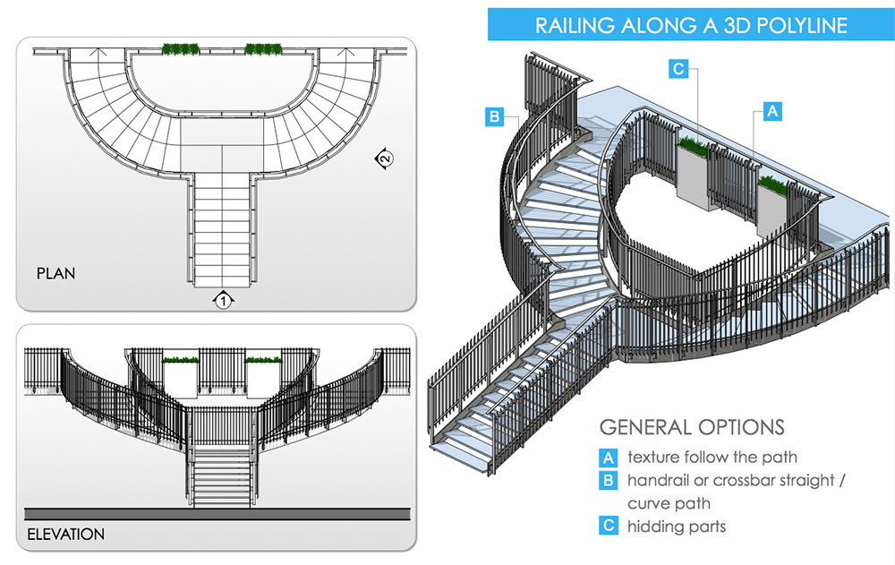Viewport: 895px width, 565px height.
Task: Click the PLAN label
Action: (55, 273)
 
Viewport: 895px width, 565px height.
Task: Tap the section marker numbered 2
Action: (384, 159)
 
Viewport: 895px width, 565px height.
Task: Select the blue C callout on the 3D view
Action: (678, 69)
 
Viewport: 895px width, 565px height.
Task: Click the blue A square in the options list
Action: (609, 458)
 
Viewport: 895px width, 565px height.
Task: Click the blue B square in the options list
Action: (609, 481)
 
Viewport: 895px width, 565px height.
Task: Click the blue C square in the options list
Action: (609, 526)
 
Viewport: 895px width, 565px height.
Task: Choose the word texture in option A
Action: (653, 458)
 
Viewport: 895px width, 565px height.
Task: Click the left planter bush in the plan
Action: (181, 48)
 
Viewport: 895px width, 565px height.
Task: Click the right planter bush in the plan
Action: (262, 48)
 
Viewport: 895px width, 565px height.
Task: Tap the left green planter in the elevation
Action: (182, 360)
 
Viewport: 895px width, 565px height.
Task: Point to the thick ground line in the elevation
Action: (217, 513)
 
